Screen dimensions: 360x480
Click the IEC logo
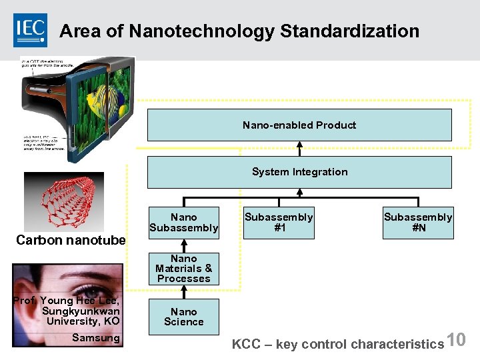(x=31, y=30)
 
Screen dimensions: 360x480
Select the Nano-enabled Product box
(x=299, y=125)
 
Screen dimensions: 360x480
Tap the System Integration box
(x=299, y=172)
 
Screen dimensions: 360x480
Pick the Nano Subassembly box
(x=183, y=223)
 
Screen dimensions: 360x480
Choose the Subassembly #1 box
(x=279, y=223)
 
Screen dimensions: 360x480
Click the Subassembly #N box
(x=418, y=223)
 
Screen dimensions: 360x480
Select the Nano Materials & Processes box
(x=183, y=268)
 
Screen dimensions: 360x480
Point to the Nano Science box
(x=183, y=317)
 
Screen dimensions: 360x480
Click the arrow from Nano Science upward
(x=183, y=292)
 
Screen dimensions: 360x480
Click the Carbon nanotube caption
(x=71, y=240)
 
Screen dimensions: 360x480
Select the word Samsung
(x=96, y=338)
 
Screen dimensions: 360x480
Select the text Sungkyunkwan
(x=81, y=311)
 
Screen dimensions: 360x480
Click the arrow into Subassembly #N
(x=418, y=202)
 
